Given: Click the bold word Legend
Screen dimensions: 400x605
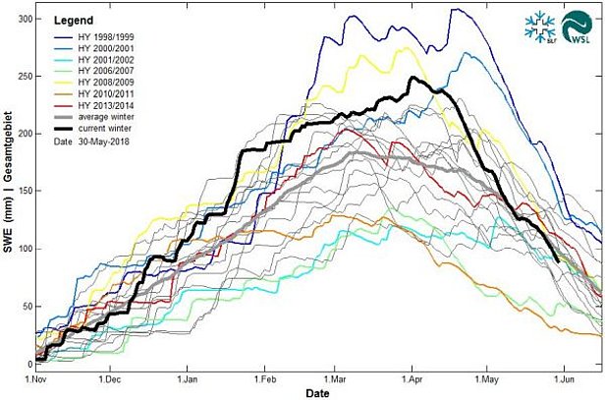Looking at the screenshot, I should point(73,20).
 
